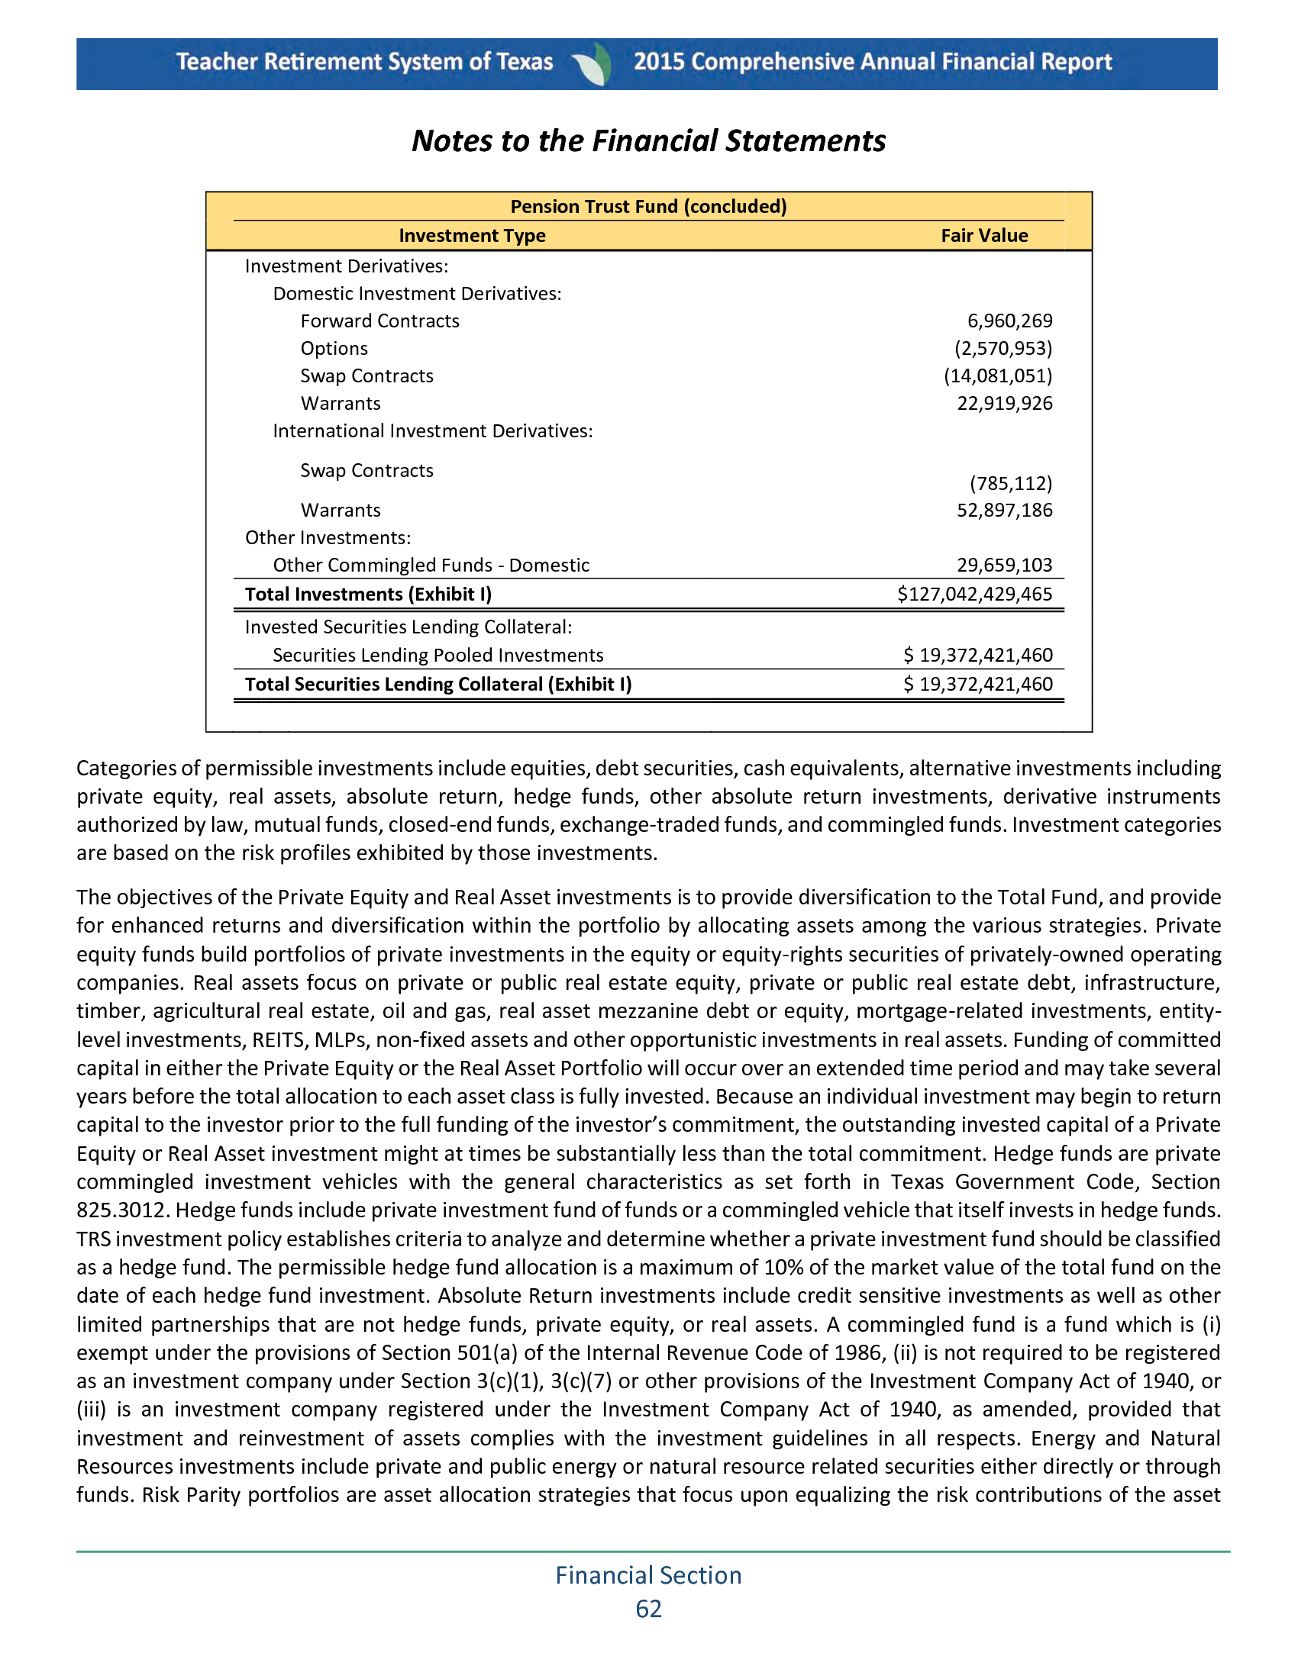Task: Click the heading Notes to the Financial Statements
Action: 648,141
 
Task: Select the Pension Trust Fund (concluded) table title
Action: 648,207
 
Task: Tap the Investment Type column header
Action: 471,236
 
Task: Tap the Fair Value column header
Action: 983,236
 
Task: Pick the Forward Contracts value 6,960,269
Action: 1009,321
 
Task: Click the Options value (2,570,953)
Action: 1003,349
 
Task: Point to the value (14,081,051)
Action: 997,376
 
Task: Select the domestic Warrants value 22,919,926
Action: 1003,404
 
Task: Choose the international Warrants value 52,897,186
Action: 1003,511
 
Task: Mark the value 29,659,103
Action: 1003,566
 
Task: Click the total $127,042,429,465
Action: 974,595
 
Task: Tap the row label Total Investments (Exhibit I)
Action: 367,595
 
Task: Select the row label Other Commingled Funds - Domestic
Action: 431,566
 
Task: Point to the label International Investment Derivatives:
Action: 432,431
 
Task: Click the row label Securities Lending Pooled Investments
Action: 438,656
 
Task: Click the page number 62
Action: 648,1609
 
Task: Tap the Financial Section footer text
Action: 648,1575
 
